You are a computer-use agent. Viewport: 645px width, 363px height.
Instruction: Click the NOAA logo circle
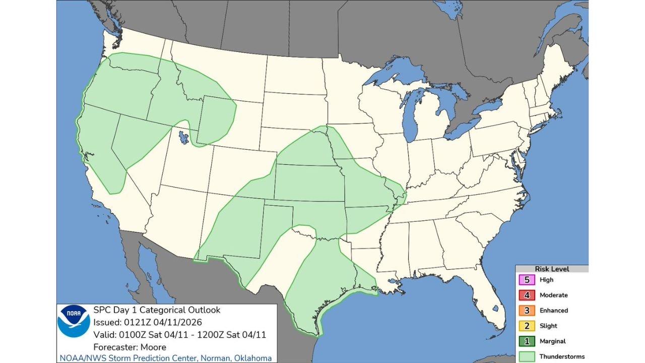tap(74, 321)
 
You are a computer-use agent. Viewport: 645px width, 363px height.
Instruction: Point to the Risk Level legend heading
tap(552, 269)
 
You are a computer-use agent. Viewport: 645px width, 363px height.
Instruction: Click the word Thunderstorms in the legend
tap(562, 356)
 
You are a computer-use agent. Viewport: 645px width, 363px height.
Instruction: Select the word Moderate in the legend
tap(553, 295)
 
